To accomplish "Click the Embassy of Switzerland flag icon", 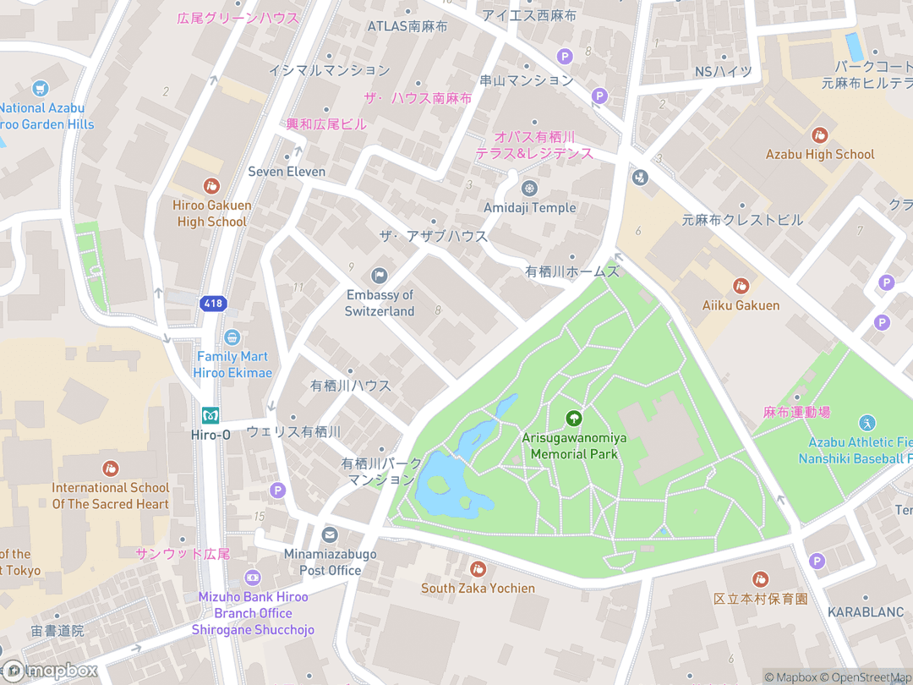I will coord(379,275).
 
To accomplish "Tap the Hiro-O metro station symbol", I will coord(210,415).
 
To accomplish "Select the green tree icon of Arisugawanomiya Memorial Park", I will coord(574,418).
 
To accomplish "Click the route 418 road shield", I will coord(212,302).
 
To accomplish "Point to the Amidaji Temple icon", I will coord(530,188).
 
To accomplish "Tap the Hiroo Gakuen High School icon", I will coord(211,185).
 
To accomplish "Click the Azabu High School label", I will coord(819,154).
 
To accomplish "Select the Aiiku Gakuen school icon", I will coord(741,286).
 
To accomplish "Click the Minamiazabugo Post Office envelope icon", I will coord(330,534).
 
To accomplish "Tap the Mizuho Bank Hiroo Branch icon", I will coord(252,578).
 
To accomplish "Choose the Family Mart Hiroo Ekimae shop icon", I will coord(232,337).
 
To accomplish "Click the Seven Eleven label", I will coord(287,172).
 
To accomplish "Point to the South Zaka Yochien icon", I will coord(478,569).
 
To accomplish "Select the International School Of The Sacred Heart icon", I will coord(110,469).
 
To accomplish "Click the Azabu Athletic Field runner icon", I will coord(867,423).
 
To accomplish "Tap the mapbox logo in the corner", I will coord(49,671).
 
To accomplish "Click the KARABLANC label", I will coord(866,611).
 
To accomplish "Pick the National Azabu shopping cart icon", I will coord(40,88).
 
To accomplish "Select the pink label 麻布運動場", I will coord(796,412).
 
